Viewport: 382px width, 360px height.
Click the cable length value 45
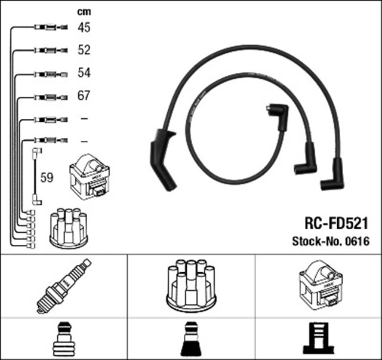pyautogui.click(x=84, y=27)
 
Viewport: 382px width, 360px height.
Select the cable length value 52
pyautogui.click(x=84, y=50)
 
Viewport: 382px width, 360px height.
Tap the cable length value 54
pyautogui.click(x=84, y=73)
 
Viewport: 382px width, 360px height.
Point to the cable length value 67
pyautogui.click(x=84, y=96)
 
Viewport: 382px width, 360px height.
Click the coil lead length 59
pyautogui.click(x=47, y=177)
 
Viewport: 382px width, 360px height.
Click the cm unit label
pyautogui.click(x=84, y=12)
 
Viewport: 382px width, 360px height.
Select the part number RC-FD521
pyautogui.click(x=337, y=223)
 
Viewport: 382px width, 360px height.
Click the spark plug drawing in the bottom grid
pyautogui.click(x=64, y=286)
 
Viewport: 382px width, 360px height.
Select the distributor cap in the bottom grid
pyautogui.click(x=191, y=285)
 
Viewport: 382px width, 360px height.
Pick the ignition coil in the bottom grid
pyautogui.click(x=321, y=283)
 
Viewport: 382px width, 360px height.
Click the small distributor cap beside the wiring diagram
pyautogui.click(x=69, y=228)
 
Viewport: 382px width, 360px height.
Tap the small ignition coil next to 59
pyautogui.click(x=90, y=177)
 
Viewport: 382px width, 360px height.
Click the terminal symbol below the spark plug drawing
pyautogui.click(x=64, y=339)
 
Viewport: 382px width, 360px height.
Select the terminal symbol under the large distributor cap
pyautogui.click(x=191, y=339)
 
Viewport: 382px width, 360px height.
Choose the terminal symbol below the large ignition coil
pyautogui.click(x=318, y=339)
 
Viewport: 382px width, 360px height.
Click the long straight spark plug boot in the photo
pyautogui.click(x=163, y=159)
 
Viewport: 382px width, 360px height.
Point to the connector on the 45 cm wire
pyautogui.click(x=51, y=27)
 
